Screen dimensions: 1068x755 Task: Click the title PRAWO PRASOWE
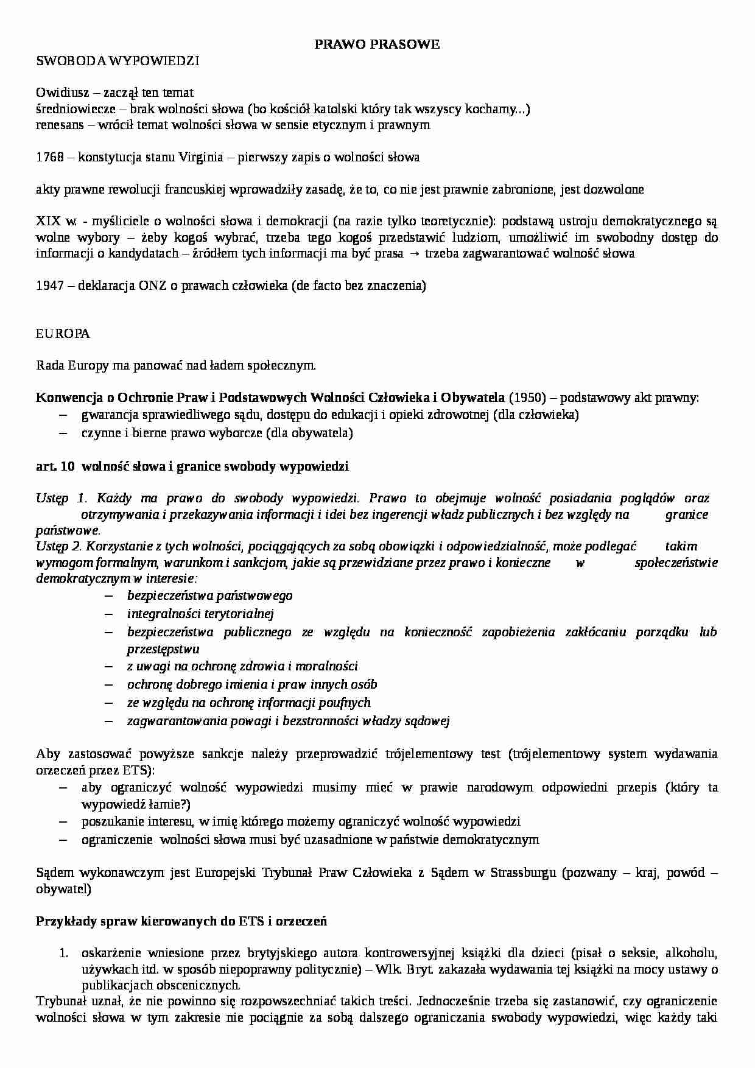tap(377, 44)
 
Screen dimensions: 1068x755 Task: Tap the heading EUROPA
tap(63, 334)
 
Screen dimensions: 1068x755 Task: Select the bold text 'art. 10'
tap(55, 466)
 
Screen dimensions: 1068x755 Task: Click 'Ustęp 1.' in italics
tap(62, 498)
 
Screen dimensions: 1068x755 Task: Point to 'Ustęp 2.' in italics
tap(62, 546)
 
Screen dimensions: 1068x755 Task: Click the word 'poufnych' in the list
tap(345, 703)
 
